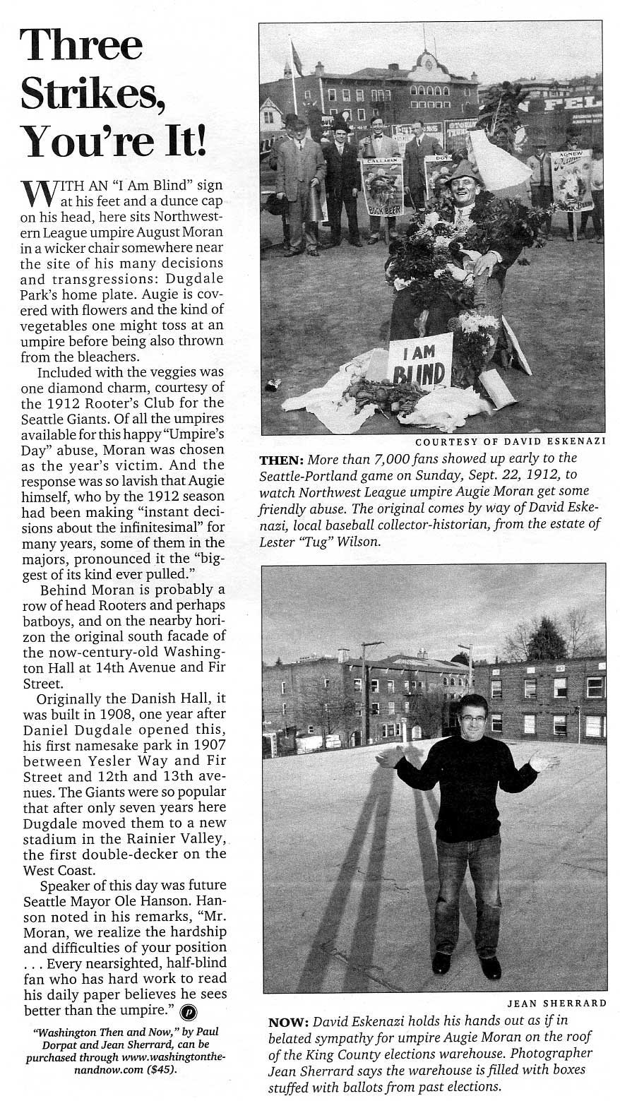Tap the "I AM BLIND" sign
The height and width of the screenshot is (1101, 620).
pos(419,364)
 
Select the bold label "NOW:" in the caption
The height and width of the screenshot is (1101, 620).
pos(287,1022)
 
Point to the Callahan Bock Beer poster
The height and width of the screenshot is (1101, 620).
pos(381,185)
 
